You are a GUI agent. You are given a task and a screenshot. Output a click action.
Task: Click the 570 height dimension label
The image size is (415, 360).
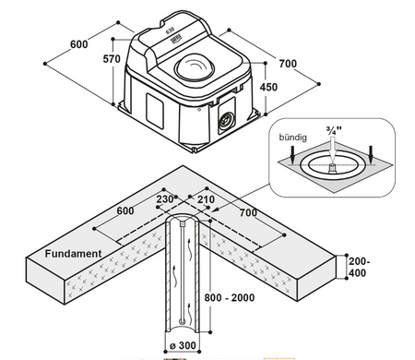pos(112,58)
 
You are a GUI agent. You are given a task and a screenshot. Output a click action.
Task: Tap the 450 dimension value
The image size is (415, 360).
pos(268,87)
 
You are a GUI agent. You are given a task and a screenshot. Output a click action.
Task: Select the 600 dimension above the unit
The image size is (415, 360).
pos(79,44)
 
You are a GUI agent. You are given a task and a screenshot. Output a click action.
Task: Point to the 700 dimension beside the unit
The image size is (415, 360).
pos(288,64)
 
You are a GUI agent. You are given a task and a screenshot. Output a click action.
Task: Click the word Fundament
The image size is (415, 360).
pos(73,254)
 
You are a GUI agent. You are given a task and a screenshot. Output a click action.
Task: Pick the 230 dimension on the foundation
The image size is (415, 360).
pos(165,199)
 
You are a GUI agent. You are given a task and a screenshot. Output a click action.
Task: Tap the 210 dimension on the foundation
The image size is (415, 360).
pos(206,199)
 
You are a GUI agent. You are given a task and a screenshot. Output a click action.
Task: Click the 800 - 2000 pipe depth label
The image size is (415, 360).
pos(230,297)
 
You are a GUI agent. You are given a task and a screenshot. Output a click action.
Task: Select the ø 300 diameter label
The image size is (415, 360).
pos(183,345)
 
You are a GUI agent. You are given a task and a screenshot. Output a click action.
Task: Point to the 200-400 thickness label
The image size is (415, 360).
pos(359,267)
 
